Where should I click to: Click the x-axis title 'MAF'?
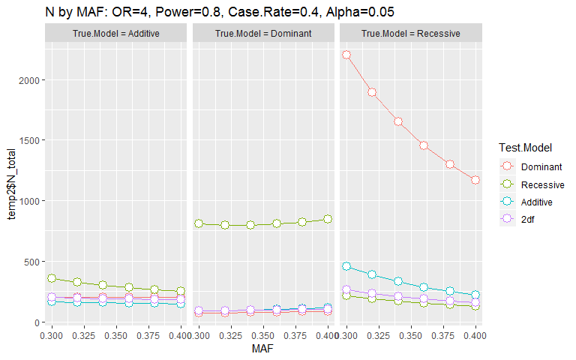(262, 349)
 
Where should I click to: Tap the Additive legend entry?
(536, 202)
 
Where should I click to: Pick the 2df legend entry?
(528, 219)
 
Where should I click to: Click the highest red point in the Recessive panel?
(346, 55)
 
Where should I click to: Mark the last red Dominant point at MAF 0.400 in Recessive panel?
(475, 180)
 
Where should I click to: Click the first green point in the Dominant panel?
(199, 223)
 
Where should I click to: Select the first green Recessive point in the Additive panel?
(52, 278)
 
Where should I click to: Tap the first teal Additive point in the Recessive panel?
(346, 266)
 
